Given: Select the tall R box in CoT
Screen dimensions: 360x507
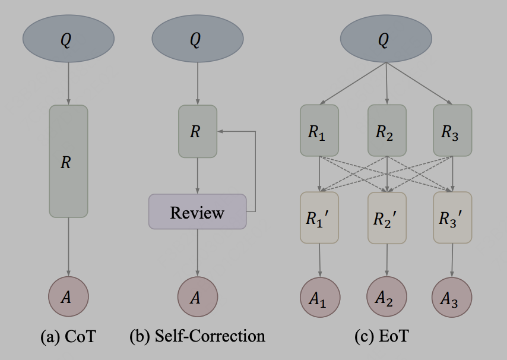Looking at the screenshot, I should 68,161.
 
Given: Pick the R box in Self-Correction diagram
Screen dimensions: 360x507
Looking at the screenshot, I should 198,131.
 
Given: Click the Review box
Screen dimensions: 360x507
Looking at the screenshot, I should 198,212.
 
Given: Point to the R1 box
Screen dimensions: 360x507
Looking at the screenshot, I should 319,131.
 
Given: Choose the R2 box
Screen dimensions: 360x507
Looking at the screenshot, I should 387,131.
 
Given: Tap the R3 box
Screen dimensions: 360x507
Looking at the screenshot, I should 452,131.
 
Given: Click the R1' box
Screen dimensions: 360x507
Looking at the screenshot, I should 319,217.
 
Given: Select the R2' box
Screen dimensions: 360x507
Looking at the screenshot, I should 387,217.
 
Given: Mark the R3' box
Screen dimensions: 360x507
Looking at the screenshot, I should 452,217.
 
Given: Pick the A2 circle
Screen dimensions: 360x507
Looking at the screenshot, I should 387,297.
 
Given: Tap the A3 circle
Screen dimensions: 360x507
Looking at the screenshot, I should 452,297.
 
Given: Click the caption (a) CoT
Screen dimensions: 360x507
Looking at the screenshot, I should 68,336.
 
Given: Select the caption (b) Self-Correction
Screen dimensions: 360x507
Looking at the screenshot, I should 197,336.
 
